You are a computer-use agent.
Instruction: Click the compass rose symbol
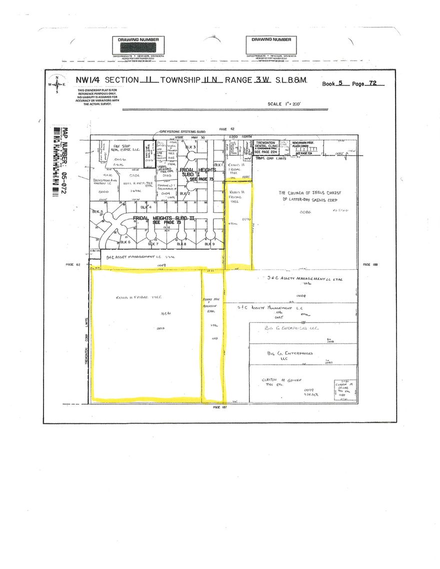click(56, 84)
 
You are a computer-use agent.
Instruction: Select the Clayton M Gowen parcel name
click(283, 380)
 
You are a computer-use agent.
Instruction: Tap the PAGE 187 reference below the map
click(220, 407)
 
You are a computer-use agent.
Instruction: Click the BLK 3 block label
click(190, 147)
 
